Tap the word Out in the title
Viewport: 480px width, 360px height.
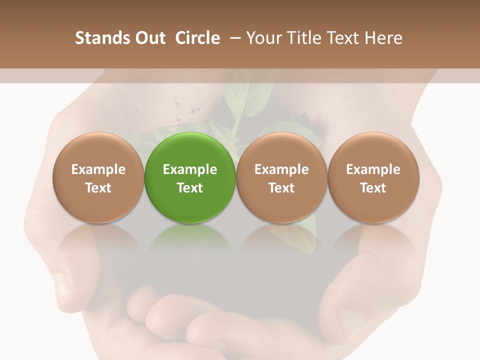148,38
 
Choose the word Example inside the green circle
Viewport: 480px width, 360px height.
190,169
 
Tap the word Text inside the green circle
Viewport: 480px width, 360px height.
190,188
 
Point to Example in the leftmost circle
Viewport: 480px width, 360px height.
98,169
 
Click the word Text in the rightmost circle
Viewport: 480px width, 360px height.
373,188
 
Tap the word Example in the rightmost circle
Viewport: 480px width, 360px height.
373,169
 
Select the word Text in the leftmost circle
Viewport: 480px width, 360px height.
98,188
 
